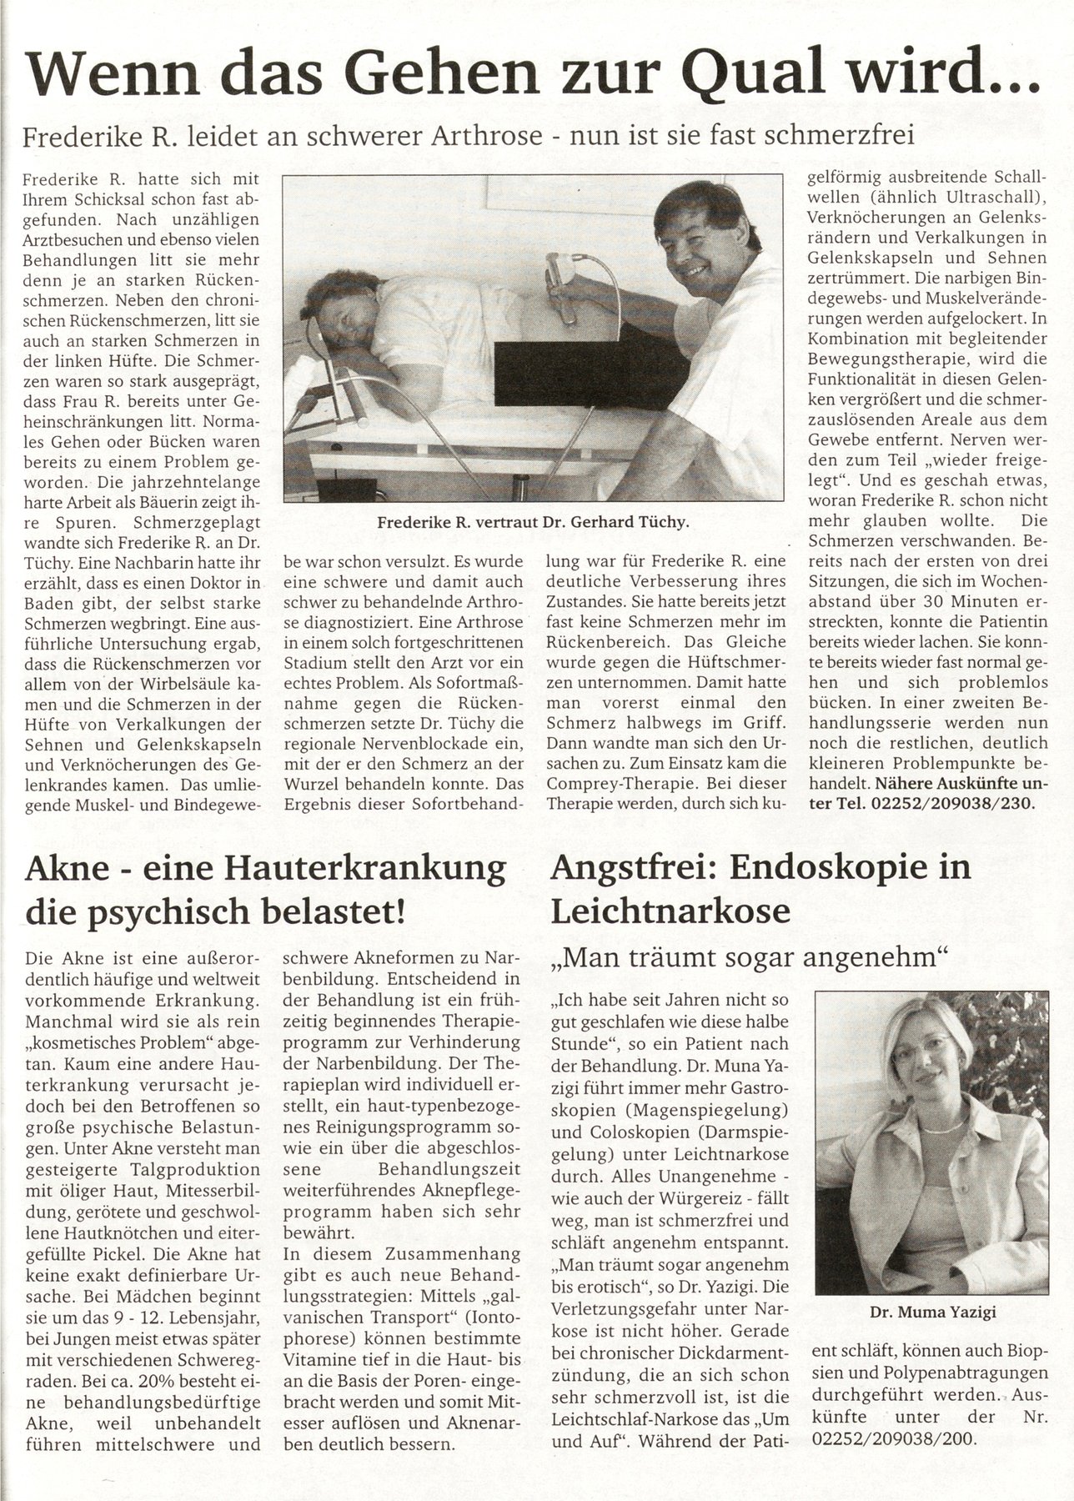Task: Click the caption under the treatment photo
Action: pyautogui.click(x=533, y=523)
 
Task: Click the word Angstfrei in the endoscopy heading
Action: pyautogui.click(x=631, y=868)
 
